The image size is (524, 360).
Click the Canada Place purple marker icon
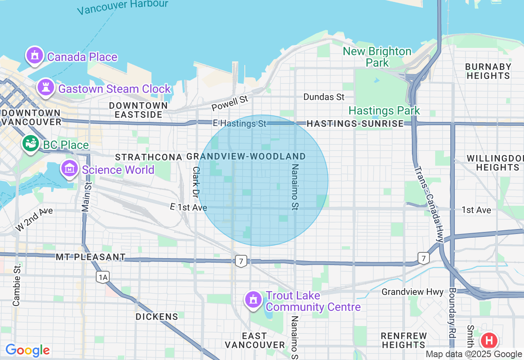[x=34, y=56]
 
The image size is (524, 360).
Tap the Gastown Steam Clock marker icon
[x=45, y=88]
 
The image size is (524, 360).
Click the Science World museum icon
[x=70, y=168]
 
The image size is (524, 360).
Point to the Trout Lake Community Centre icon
[x=253, y=299]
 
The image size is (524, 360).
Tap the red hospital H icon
[x=489, y=340]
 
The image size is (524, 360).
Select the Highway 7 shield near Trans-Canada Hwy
[x=424, y=258]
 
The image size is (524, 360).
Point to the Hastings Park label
[x=384, y=110]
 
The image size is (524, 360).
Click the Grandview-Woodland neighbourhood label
[x=246, y=157]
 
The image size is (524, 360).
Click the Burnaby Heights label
[x=488, y=71]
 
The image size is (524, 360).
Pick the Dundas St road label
[x=324, y=97]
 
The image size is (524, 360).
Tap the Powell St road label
[x=230, y=103]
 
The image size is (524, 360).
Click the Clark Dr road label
[x=196, y=183]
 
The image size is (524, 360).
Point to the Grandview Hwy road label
[x=412, y=292]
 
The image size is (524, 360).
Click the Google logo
[x=27, y=350]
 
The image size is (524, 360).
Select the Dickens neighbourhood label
[x=157, y=317]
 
